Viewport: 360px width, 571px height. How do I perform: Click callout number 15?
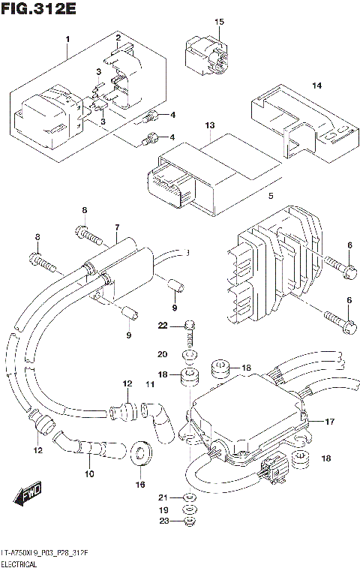point(220,22)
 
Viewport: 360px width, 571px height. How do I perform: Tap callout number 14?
point(316,86)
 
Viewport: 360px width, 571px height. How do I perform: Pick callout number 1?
point(67,38)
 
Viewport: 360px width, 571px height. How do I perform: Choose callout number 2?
point(118,38)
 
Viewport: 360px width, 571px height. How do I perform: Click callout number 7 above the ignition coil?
point(117,227)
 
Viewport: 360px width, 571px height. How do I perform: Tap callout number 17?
point(328,422)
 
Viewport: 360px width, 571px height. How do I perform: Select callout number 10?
point(89,473)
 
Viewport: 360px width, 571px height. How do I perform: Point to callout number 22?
point(162,324)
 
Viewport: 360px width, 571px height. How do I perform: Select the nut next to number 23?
point(189,523)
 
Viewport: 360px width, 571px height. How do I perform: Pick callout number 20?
point(162,353)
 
